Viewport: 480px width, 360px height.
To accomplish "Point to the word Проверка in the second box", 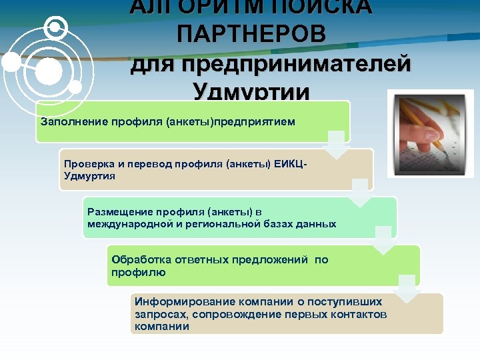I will click(x=87, y=164).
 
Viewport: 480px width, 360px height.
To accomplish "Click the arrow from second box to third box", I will click(x=360, y=193).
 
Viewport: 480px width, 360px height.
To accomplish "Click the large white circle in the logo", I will click(x=47, y=71).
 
